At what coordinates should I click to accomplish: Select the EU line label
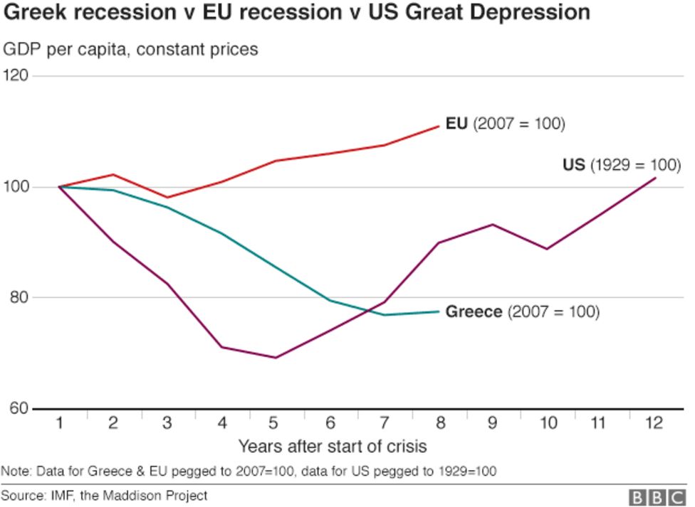[505, 124]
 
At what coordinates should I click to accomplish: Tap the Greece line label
[522, 311]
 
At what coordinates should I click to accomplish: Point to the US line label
[622, 165]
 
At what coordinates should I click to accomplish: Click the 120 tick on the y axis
[15, 75]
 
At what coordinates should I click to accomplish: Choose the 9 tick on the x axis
[492, 424]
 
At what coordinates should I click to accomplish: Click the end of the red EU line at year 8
[439, 126]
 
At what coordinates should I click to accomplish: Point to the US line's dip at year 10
[546, 249]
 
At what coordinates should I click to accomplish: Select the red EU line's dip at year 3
[167, 198]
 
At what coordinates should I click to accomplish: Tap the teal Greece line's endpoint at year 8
[439, 311]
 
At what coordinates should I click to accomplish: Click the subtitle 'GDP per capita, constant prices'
[131, 49]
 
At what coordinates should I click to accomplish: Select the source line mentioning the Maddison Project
[105, 495]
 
